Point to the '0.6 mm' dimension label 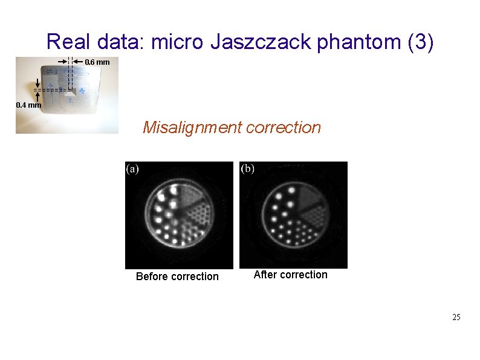tap(97, 62)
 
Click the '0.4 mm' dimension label tap(28, 105)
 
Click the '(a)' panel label tap(132, 169)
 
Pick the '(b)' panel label tap(248, 169)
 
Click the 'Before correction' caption tap(177, 277)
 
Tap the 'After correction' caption tap(290, 275)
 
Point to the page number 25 tap(456, 317)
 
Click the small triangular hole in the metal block tap(71, 93)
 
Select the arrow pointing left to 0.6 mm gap tap(78, 61)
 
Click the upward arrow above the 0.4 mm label tap(38, 97)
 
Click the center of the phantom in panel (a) tap(180, 215)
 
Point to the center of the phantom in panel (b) tap(294, 215)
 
